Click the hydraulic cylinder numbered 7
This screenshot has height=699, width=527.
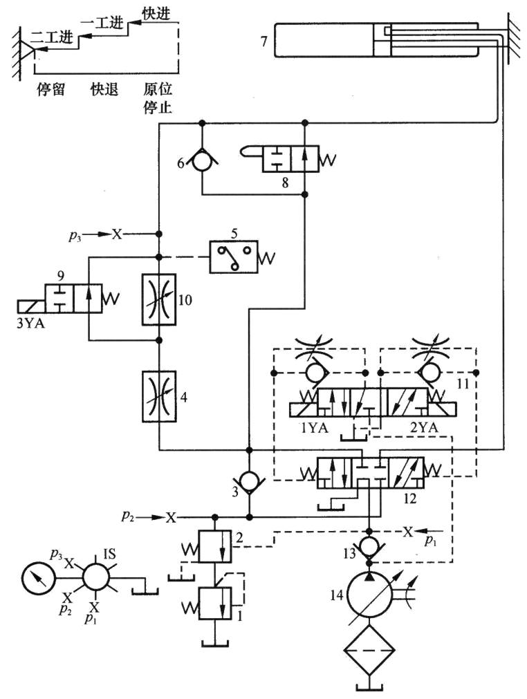[x=325, y=40]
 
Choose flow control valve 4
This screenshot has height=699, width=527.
[x=159, y=395]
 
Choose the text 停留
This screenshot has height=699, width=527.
[x=50, y=90]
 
